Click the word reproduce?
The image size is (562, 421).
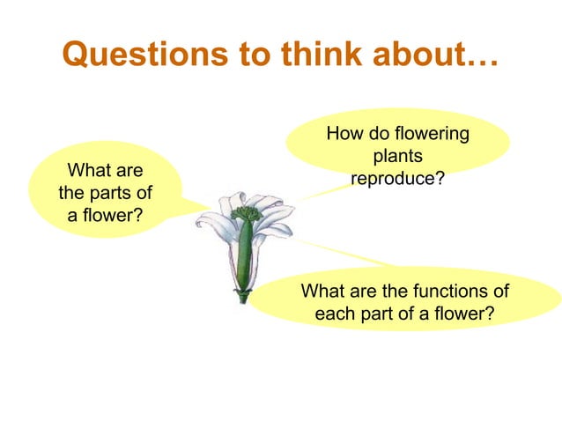pyautogui.click(x=397, y=179)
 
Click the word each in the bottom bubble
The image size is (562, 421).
pyautogui.click(x=334, y=313)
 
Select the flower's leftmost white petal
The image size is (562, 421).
pyautogui.click(x=210, y=222)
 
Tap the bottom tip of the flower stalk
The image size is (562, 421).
pyautogui.click(x=243, y=299)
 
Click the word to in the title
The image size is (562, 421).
pyautogui.click(x=260, y=55)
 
